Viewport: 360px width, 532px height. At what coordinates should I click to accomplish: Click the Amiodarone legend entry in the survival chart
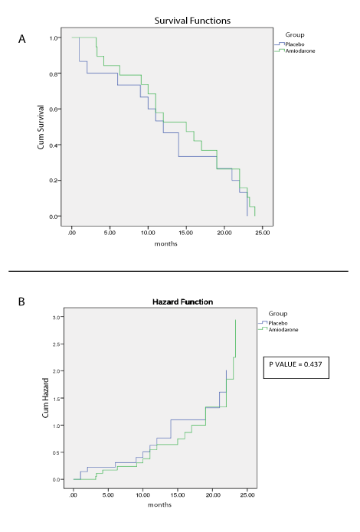299,50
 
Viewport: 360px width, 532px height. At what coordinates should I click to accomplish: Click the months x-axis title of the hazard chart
161,504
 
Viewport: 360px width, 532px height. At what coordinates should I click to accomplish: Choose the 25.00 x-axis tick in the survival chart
262,231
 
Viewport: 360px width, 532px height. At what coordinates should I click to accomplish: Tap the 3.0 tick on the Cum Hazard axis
56,317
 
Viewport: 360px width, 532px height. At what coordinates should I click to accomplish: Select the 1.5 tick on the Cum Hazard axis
56,398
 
